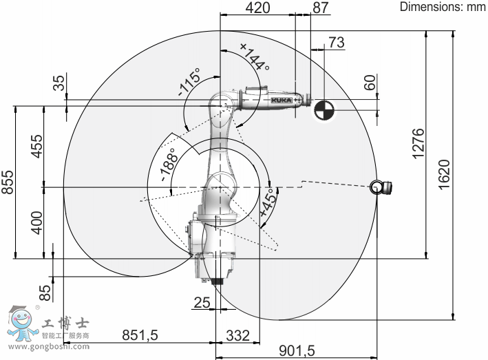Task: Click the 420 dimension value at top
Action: [x=257, y=8]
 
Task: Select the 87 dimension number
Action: [x=321, y=8]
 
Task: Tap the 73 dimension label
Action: [x=337, y=42]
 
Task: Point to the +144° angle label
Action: [x=255, y=56]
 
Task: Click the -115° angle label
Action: [x=189, y=82]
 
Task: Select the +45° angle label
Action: [x=268, y=202]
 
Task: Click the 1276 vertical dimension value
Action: [x=418, y=144]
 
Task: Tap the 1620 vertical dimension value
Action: [x=444, y=174]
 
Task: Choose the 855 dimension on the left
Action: [x=8, y=182]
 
